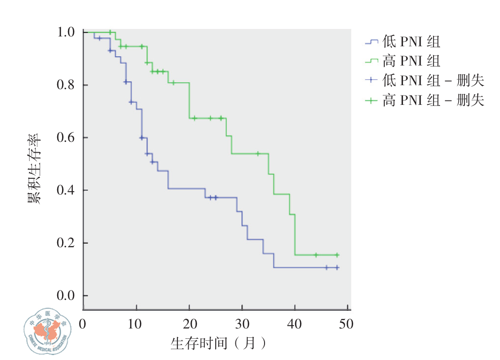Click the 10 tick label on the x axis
point(136,324)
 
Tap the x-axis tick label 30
point(242,324)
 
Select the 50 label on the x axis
point(347,324)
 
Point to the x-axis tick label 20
point(189,324)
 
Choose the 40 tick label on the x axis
point(295,324)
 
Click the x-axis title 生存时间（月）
point(219,343)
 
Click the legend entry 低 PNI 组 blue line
point(402,42)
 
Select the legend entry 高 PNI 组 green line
point(402,61)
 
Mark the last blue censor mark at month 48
point(337,267)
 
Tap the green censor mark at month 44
point(316,255)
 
